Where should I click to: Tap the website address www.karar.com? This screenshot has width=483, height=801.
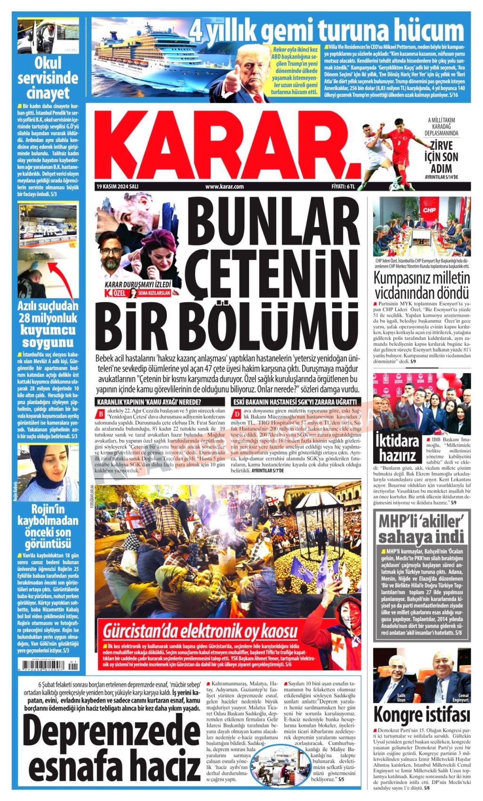224,187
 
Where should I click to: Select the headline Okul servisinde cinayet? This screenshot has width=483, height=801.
48,77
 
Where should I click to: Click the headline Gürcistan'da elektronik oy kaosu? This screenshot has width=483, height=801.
200,630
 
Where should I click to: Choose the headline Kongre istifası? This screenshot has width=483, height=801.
422,714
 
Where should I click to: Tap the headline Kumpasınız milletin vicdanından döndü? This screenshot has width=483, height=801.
422,285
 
